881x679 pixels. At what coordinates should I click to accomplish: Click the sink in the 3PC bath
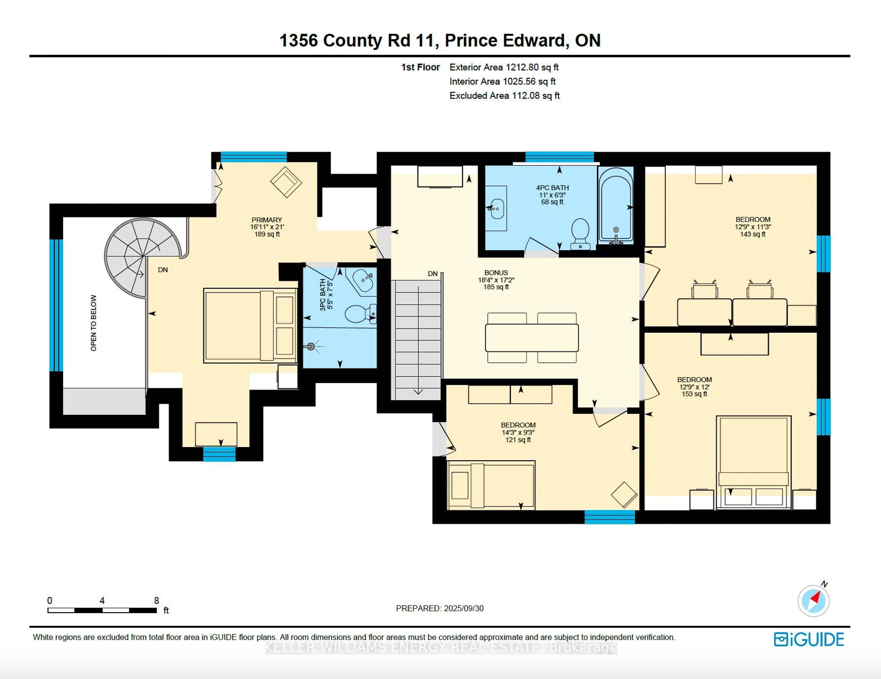point(363,279)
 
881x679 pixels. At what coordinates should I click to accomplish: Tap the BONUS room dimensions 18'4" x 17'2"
point(496,280)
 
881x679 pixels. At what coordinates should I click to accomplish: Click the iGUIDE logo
point(809,640)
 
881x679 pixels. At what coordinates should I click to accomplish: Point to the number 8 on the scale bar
point(156,600)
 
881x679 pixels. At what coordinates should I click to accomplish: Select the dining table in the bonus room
point(532,338)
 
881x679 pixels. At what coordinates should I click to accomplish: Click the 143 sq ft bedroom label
point(753,234)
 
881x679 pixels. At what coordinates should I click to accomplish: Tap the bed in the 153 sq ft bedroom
point(753,462)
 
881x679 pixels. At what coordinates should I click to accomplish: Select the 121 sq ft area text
point(518,440)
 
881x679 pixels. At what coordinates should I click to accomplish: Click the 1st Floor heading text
point(420,67)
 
